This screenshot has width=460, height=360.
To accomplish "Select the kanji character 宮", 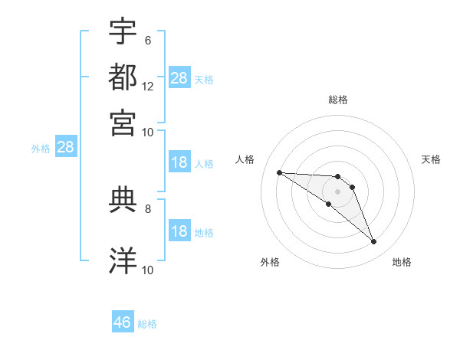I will coord(123,122).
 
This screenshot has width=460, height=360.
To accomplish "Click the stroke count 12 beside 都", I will coord(148,86).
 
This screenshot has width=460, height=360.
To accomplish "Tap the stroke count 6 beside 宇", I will coord(147,40).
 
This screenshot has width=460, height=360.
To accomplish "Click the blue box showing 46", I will coord(123,322).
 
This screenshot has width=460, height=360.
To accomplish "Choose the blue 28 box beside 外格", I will coord(65,148).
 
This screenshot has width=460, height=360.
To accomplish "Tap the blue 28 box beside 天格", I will coord(179,78).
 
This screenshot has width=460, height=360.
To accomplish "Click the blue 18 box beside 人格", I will coord(179,162).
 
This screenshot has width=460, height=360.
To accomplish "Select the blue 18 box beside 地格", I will coord(179,231).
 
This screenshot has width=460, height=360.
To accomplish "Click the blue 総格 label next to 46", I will coord(147,324).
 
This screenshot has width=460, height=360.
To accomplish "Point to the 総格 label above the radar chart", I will coord(338,100).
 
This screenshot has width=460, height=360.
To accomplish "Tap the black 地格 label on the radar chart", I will coord(402,262).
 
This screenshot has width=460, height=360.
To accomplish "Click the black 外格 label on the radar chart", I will coord(270,262).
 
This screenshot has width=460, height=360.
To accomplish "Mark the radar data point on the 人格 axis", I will coord(279,172).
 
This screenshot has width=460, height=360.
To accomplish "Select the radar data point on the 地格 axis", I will coord(374,242).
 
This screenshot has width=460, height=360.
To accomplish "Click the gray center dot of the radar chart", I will coord(337,191).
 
